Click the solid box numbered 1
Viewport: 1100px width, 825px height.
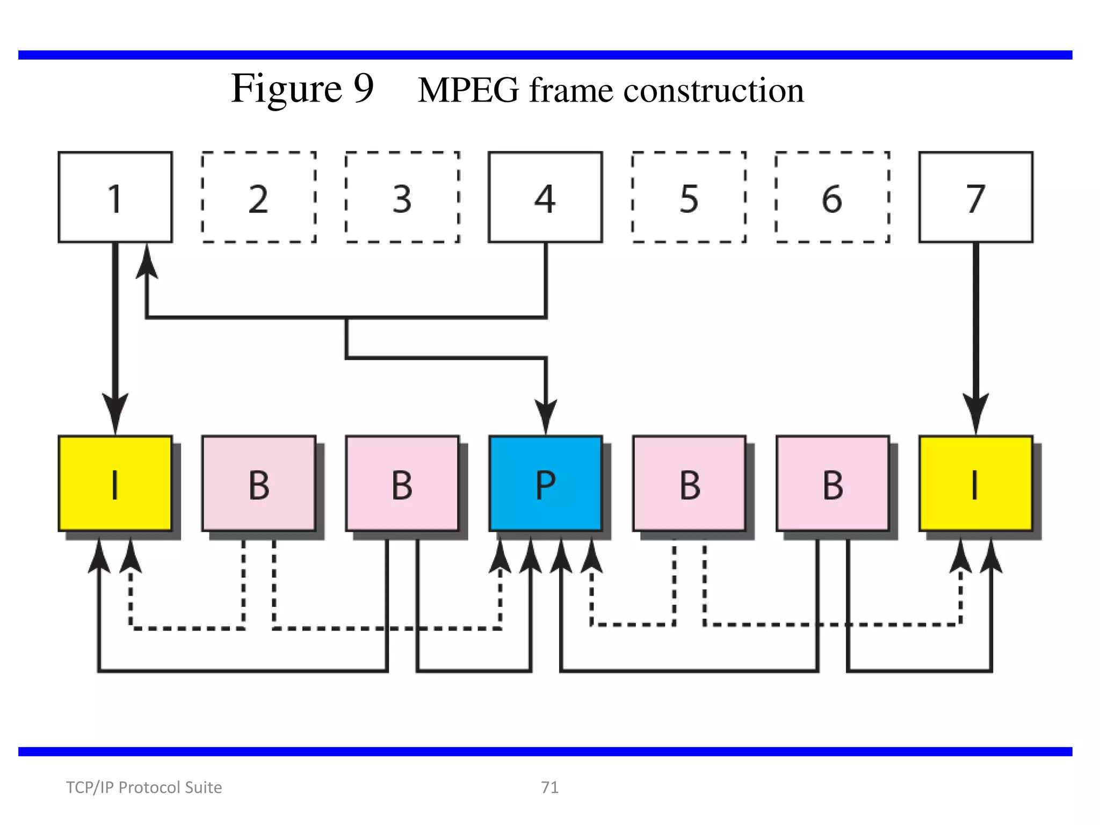coord(115,197)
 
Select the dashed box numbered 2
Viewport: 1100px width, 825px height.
coord(258,197)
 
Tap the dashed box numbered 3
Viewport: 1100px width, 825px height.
coord(402,197)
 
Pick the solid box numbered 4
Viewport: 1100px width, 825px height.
coord(545,197)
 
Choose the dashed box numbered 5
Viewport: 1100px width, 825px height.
coord(689,197)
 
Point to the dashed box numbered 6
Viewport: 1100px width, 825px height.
coord(833,197)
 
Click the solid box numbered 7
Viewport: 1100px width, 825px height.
coord(976,197)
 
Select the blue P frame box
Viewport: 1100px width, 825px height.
coord(545,483)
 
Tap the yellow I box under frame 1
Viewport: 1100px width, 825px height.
coord(115,483)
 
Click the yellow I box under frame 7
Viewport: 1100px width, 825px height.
coord(976,483)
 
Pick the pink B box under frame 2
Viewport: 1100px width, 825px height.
coord(258,483)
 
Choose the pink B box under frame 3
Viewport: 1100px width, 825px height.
coord(402,483)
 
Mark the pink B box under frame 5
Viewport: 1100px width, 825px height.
coord(689,483)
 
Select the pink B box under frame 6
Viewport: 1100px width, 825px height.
coord(833,483)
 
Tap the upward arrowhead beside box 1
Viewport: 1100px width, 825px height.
coord(147,261)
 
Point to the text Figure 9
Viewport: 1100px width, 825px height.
coord(302,89)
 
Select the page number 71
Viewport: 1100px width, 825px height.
coord(549,787)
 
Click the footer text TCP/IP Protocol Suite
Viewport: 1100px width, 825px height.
coord(144,787)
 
